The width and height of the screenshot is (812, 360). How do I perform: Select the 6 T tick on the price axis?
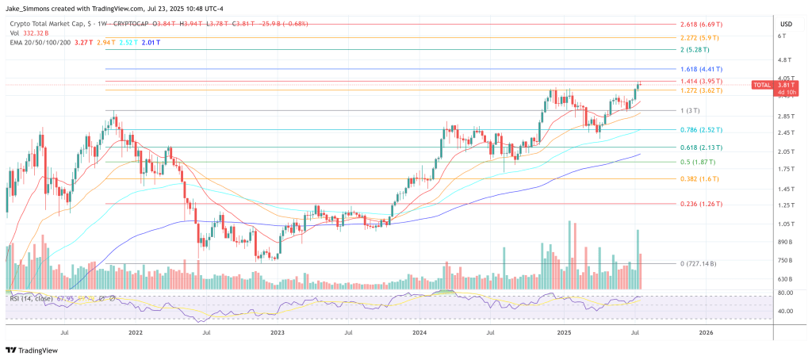pos(781,36)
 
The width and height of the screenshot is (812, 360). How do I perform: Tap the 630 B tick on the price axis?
pos(784,279)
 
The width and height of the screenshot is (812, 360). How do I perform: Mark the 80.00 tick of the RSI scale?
pos(785,293)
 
